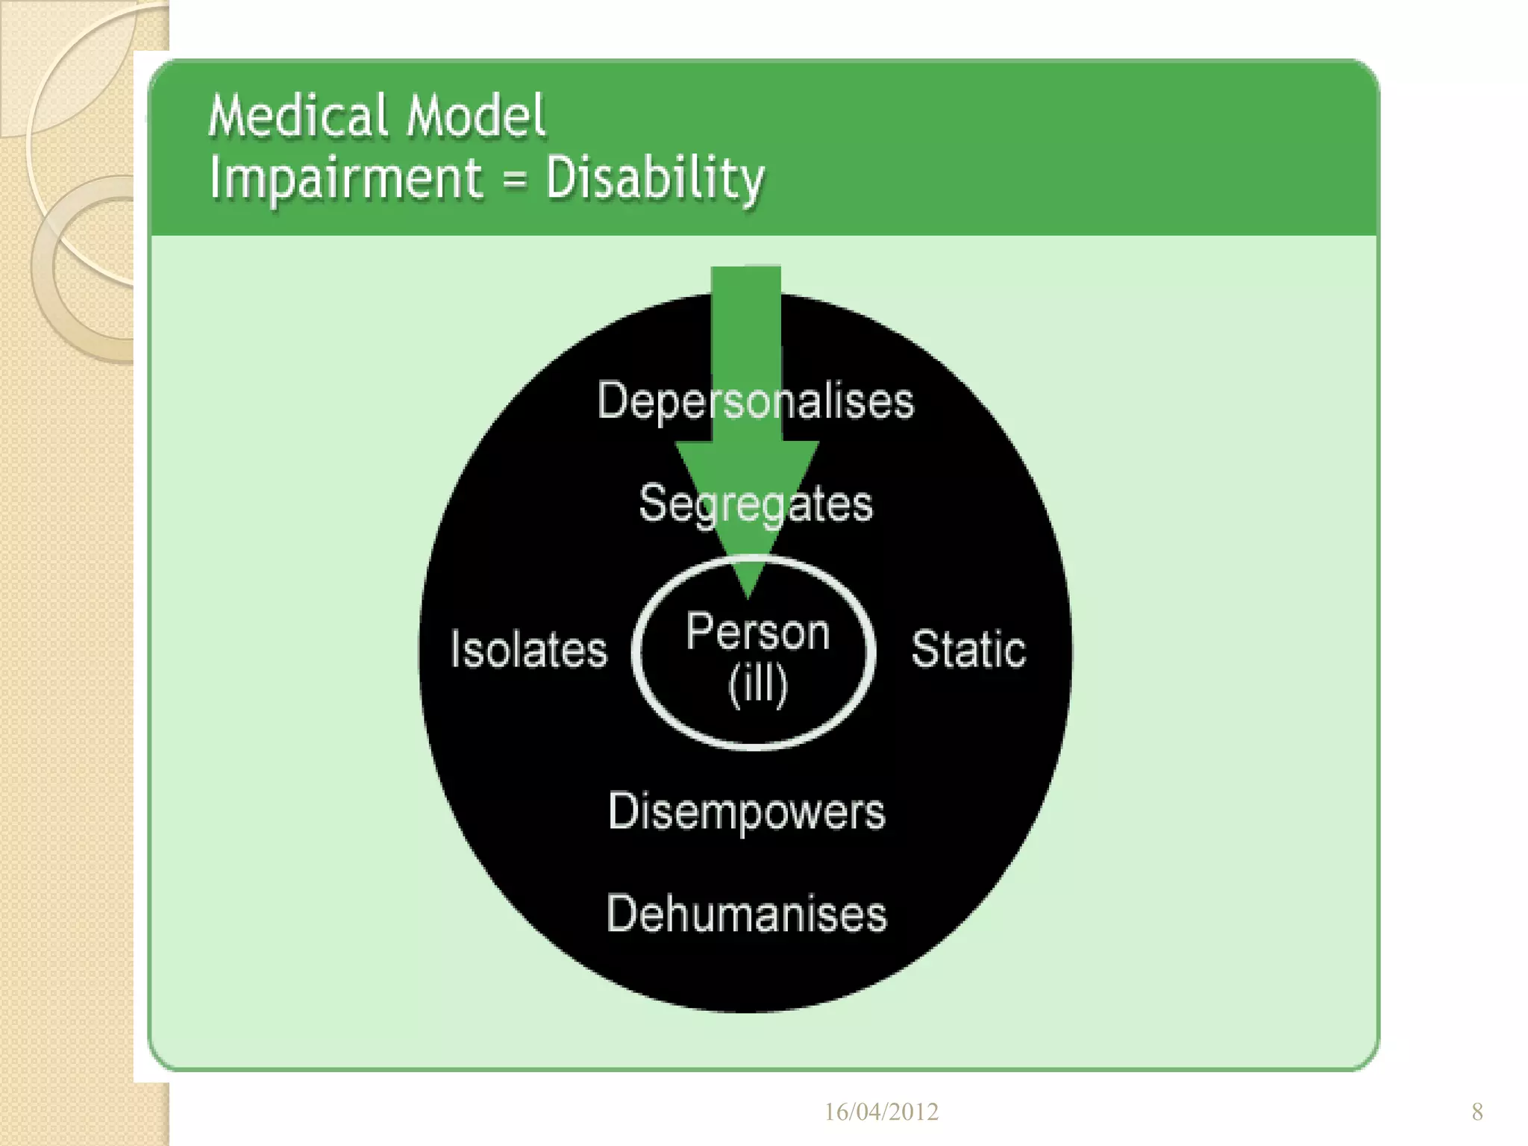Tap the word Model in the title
pyautogui.click(x=475, y=117)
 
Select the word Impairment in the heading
pyautogui.click(x=345, y=179)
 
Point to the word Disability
pyautogui.click(x=655, y=179)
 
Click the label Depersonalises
pyautogui.click(x=755, y=401)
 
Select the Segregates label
pyautogui.click(x=755, y=504)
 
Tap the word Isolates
pyautogui.click(x=528, y=649)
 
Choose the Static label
pyautogui.click(x=968, y=649)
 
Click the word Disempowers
pyautogui.click(x=746, y=812)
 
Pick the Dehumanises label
pyautogui.click(x=746, y=914)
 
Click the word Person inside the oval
pyautogui.click(x=757, y=633)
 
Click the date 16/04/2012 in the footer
pyautogui.click(x=881, y=1112)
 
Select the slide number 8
pyautogui.click(x=1477, y=1112)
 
